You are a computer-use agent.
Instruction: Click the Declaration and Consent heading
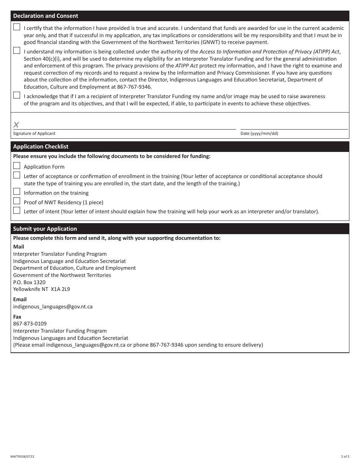pyautogui.click(x=45, y=16)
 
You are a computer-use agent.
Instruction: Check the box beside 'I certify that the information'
pyautogui.click(x=17, y=27)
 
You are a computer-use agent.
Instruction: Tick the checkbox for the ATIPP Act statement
pyautogui.click(x=17, y=50)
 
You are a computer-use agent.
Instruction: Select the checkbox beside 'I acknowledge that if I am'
pyautogui.click(x=17, y=95)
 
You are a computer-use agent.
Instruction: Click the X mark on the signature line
pyautogui.click(x=16, y=125)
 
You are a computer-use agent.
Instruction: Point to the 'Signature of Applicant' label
pyautogui.click(x=34, y=133)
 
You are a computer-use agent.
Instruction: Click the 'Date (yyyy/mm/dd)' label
pyautogui.click(x=259, y=133)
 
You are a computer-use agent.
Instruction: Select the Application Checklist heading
pyautogui.click(x=41, y=147)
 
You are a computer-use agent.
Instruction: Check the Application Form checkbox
pyautogui.click(x=17, y=166)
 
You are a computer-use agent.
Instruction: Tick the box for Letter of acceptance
pyautogui.click(x=17, y=175)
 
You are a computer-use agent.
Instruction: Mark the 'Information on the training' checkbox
pyautogui.click(x=17, y=192)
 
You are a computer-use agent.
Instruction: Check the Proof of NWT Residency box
pyautogui.click(x=17, y=201)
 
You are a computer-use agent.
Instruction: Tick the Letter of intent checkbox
pyautogui.click(x=17, y=210)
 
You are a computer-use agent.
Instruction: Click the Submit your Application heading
pyautogui.click(x=45, y=229)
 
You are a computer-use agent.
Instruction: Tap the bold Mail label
pyautogui.click(x=19, y=247)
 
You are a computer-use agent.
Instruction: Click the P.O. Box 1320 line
pyautogui.click(x=29, y=282)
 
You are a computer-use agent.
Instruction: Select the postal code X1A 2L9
pyautogui.click(x=60, y=289)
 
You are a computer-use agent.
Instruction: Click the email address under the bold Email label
pyautogui.click(x=53, y=306)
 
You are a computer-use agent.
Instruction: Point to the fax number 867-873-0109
pyautogui.click(x=30, y=324)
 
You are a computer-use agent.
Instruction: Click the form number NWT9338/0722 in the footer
pyautogui.click(x=22, y=457)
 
